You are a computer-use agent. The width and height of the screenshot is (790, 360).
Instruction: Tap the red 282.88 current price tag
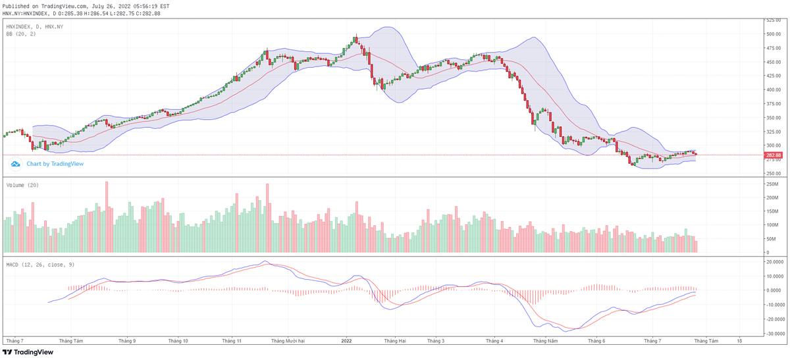(x=773, y=155)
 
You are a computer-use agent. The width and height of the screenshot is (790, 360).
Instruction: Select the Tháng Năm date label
(x=546, y=342)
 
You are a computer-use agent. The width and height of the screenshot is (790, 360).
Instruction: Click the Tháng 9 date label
(x=127, y=342)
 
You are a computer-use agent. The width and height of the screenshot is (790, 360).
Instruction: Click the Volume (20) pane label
(x=22, y=186)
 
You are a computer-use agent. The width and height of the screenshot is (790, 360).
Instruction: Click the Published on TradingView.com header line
(x=86, y=5)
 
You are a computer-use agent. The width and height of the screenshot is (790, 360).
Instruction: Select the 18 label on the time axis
(x=740, y=342)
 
